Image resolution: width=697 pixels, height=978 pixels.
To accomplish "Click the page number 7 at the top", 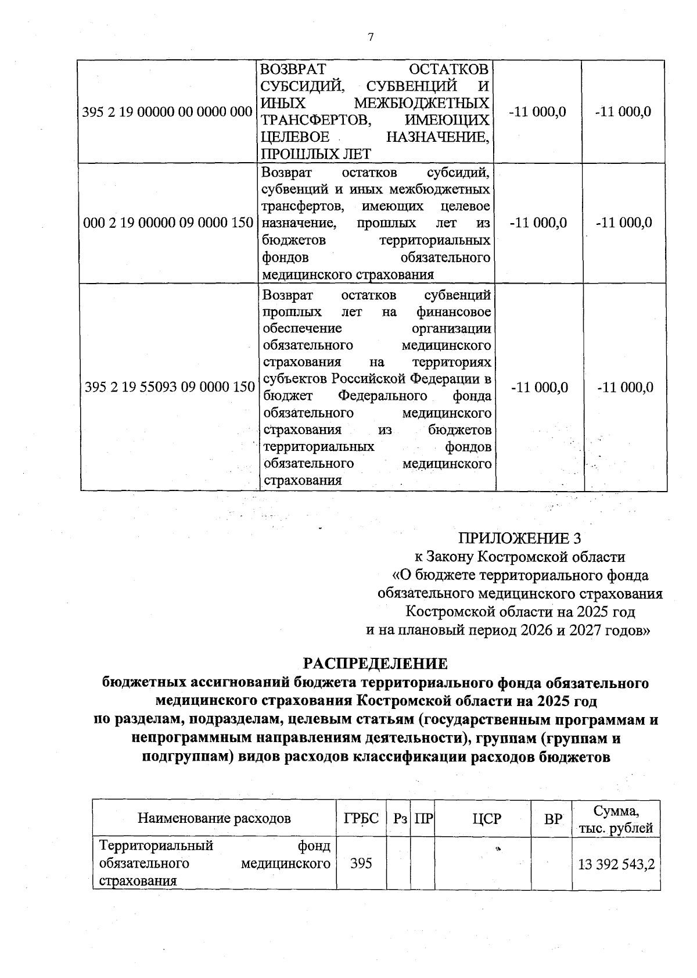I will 371,37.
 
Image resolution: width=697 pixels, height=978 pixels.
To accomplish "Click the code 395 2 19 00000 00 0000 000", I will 168,112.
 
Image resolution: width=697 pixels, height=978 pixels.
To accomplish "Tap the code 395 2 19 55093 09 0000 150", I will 169,387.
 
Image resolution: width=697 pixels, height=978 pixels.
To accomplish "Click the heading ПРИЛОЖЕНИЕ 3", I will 519,538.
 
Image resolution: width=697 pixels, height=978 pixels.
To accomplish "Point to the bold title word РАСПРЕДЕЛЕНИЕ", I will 376,664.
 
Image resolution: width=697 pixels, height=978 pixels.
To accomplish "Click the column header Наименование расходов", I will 214,819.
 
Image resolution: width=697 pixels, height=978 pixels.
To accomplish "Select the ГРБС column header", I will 361,819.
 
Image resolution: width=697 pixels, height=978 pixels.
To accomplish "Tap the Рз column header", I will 400,819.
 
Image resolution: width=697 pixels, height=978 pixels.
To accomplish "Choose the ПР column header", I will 423,819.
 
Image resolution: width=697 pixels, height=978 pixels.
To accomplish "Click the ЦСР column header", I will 486,819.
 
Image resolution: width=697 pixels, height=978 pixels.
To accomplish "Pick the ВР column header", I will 553,819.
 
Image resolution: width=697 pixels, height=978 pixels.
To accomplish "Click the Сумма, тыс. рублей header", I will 616,819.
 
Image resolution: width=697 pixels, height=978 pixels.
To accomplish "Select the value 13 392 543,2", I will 616,864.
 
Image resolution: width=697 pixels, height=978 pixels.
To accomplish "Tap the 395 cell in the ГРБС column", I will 361,864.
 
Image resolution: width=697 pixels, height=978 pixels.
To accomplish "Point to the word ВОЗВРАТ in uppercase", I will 293,70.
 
